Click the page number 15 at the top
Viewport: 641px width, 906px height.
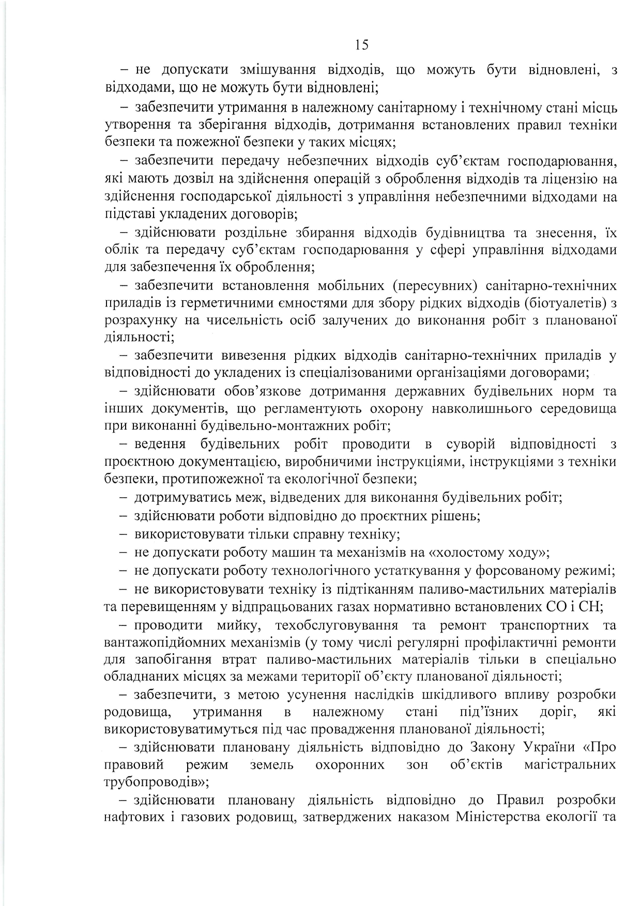point(362,45)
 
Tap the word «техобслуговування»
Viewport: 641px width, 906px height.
point(337,625)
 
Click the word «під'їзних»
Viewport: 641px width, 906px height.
point(489,712)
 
